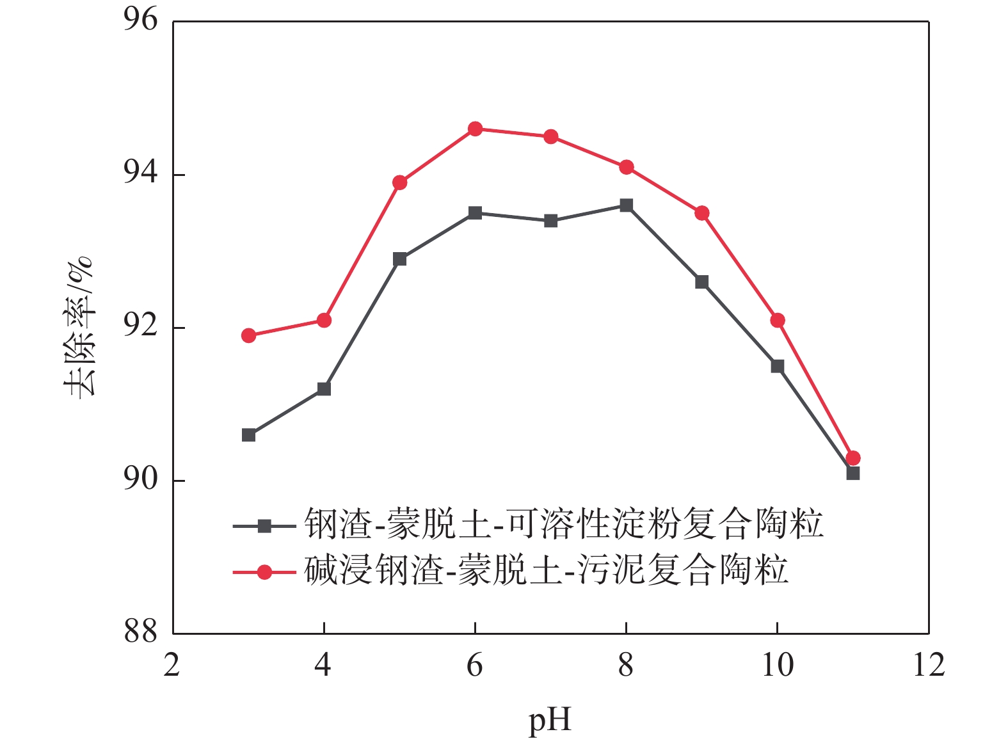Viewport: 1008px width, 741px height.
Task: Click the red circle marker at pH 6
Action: tap(475, 129)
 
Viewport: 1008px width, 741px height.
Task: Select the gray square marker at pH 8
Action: tap(626, 205)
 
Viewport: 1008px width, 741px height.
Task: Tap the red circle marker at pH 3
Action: tap(248, 336)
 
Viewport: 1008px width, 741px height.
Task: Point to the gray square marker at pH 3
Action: tap(248, 436)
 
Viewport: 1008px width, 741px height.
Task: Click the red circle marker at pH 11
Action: tap(852, 458)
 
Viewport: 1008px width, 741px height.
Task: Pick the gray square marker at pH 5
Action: tap(399, 259)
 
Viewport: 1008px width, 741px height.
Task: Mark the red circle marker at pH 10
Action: tap(777, 321)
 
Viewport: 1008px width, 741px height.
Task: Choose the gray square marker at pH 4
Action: tap(324, 389)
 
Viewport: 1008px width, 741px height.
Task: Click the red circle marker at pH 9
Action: tap(701, 213)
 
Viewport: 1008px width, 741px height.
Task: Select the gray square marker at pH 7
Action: tap(550, 221)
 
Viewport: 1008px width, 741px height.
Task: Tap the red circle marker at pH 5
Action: tap(399, 183)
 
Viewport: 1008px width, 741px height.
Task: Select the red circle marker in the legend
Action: tap(264, 571)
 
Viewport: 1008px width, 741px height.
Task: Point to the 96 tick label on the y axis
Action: tap(140, 20)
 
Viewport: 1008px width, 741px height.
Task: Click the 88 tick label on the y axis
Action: tap(140, 632)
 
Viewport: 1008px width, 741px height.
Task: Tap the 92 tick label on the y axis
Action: tap(140, 326)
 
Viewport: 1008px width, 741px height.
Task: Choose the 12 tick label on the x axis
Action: tap(928, 665)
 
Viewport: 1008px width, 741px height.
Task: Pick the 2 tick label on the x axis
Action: tap(172, 665)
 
